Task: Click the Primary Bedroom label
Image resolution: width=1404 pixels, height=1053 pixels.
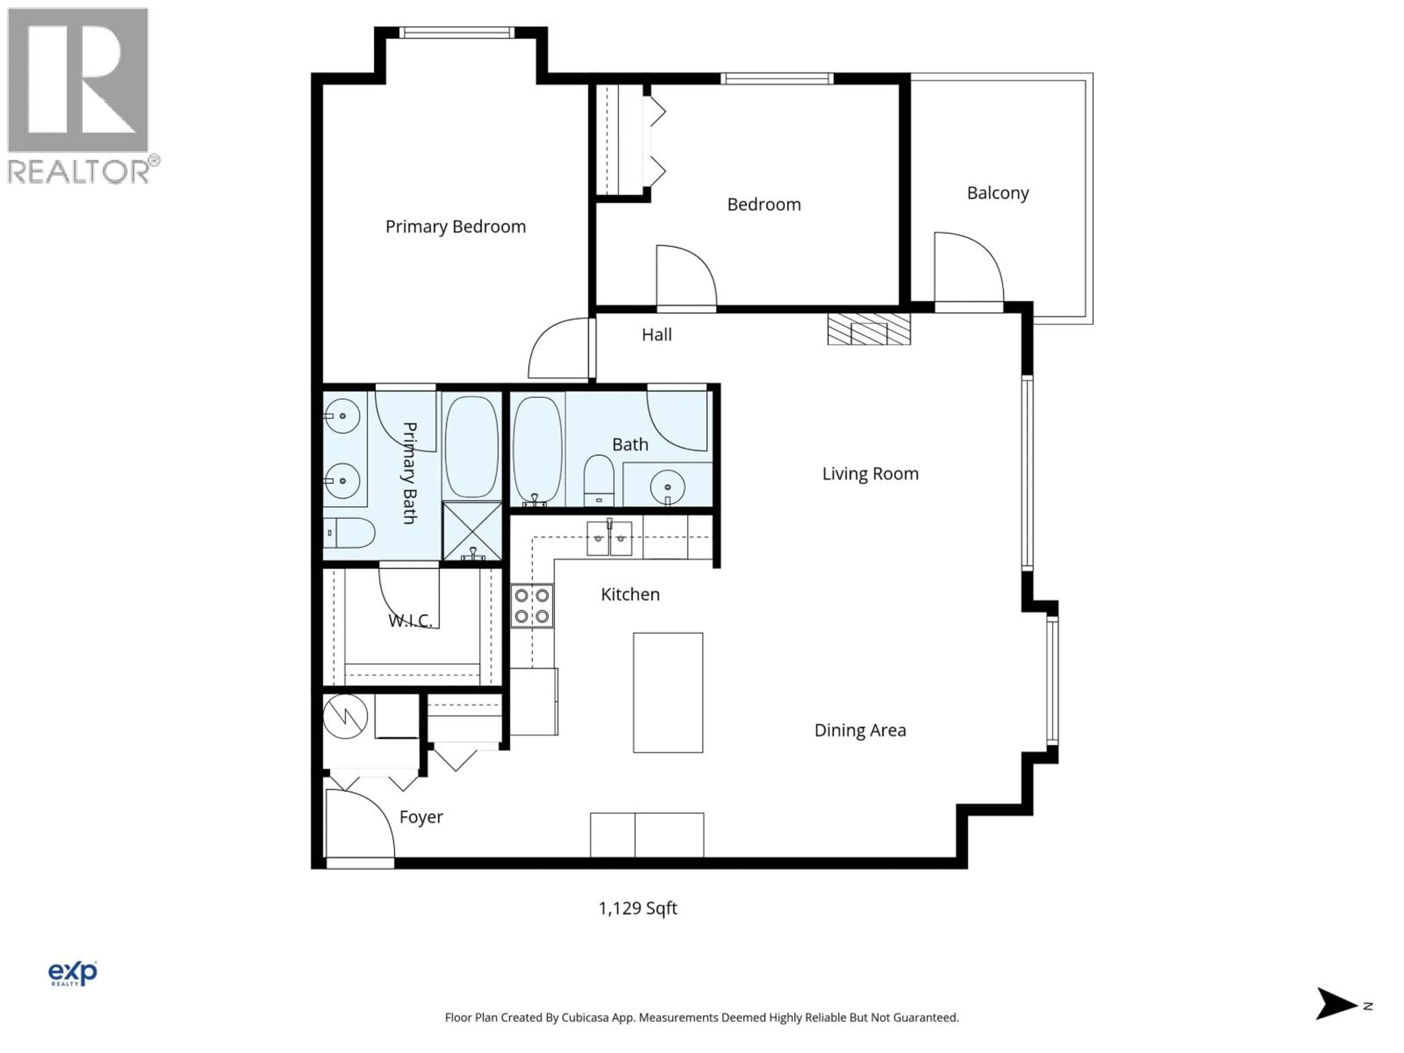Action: point(455,227)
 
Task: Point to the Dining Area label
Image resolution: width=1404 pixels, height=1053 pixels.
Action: point(860,730)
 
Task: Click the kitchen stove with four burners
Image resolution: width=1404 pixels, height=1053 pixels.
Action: point(532,605)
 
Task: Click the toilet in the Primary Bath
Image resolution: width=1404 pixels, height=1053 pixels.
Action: point(349,532)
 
